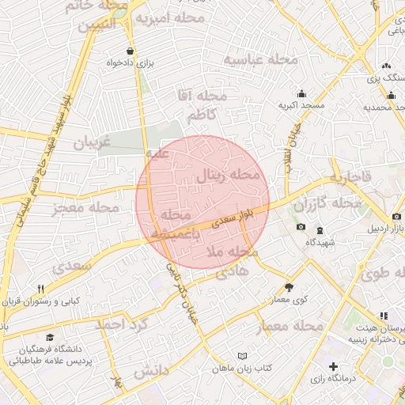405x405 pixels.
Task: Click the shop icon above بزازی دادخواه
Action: [131, 49]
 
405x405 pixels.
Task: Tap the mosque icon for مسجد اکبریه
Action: [301, 92]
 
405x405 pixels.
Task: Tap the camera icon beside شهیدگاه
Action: [301, 228]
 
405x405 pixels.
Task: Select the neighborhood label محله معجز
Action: [85, 207]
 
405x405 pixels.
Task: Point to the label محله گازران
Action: [327, 205]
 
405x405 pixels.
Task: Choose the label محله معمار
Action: [290, 327]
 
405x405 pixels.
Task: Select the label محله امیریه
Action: [170, 17]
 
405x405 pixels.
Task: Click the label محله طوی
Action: [380, 276]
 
